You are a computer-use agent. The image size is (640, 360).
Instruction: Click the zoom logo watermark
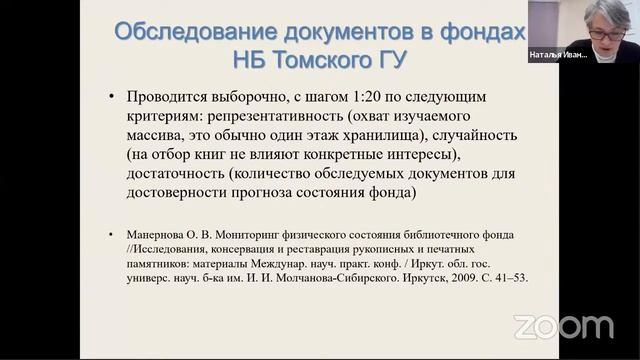pos(563,326)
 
